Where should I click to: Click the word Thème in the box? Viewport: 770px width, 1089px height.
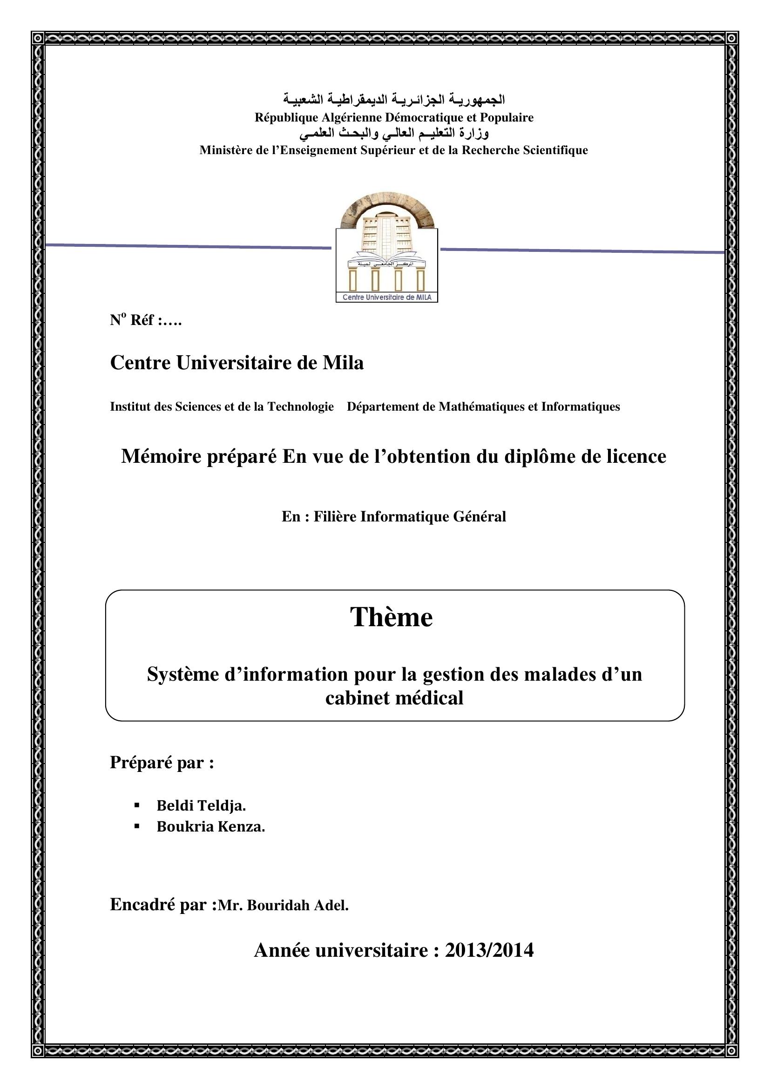point(391,617)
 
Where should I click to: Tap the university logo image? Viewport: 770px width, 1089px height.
point(386,247)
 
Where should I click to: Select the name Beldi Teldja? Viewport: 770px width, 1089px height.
point(201,805)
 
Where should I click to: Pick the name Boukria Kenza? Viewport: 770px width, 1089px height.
point(210,827)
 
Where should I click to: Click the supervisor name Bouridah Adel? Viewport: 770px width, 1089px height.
point(298,906)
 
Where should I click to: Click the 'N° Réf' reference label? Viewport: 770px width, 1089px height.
point(146,320)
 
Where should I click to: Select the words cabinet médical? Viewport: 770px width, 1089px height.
point(394,698)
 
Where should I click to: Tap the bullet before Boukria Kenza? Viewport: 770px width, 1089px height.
point(137,826)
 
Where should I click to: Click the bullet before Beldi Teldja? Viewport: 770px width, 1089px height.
point(137,805)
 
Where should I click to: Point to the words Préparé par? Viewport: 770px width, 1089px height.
point(162,762)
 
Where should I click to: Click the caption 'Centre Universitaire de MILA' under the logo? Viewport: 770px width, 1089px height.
point(386,298)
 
